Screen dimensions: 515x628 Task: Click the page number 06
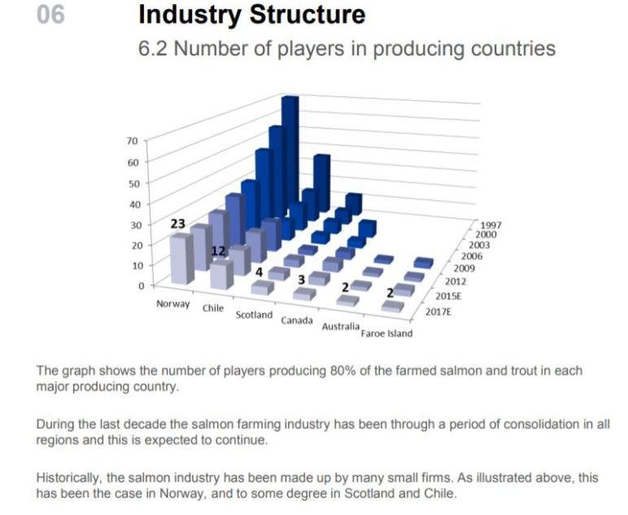[x=50, y=15]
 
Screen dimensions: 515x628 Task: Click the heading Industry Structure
[x=251, y=15]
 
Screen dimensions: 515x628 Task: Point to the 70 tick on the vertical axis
[x=132, y=141]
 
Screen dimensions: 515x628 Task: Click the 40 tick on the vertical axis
[x=132, y=203]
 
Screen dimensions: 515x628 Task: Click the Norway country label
[x=172, y=304]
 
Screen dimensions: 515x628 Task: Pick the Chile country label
[x=213, y=308]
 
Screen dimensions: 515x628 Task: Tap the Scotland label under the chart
[x=254, y=314]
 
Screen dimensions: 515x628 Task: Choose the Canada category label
[x=297, y=321]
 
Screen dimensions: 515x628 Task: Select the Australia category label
[x=340, y=326]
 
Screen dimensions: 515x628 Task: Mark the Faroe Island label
[x=387, y=333]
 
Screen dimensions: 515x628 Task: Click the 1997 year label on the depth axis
[x=491, y=225]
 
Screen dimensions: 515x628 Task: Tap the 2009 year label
[x=464, y=267]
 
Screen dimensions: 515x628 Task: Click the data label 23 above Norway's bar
[x=177, y=223]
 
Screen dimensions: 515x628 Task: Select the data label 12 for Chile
[x=218, y=251]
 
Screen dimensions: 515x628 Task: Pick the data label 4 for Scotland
[x=259, y=272]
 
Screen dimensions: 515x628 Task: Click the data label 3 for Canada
[x=301, y=280]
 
